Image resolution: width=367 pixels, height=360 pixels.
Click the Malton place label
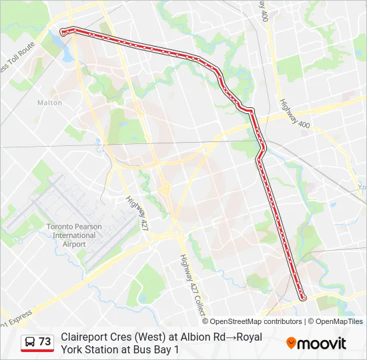point(50,103)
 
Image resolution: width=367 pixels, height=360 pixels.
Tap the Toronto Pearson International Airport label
point(74,235)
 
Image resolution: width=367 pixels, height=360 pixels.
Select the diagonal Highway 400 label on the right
point(294,114)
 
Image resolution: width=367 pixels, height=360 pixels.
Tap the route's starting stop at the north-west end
point(63,31)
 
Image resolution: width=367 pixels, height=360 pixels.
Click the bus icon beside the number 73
point(30,342)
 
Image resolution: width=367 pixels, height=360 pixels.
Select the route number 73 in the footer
point(45,342)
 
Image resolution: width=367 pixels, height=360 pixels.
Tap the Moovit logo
point(316,343)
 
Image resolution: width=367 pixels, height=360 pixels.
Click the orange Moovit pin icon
point(291,343)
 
